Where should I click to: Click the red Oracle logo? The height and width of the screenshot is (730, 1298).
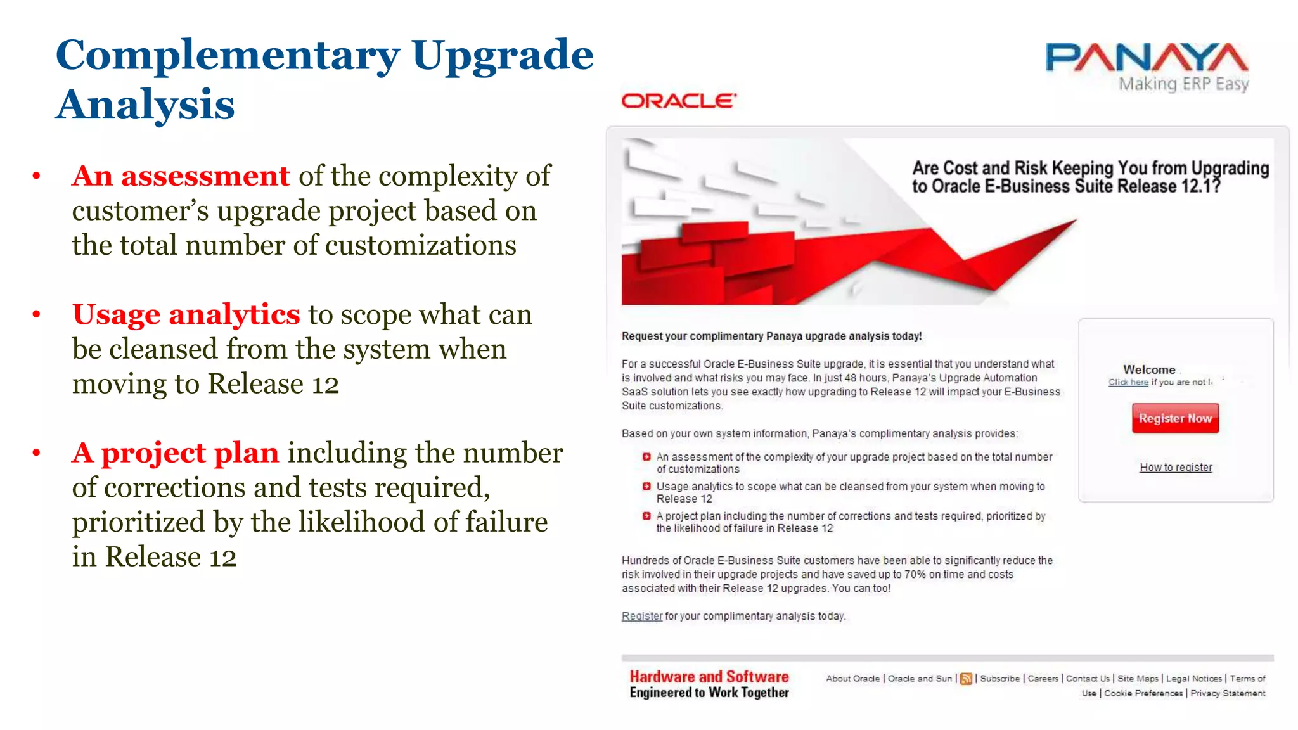click(678, 101)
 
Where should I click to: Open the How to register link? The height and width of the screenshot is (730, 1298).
click(1175, 468)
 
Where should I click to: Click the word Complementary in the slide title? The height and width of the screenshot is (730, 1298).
click(228, 56)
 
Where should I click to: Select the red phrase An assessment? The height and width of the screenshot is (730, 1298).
click(181, 176)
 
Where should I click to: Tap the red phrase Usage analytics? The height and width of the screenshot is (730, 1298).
click(186, 315)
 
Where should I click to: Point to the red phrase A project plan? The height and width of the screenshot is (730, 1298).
click(176, 453)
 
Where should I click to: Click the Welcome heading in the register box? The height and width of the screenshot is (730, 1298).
click(1148, 369)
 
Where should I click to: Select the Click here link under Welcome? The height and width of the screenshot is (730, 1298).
click(1128, 383)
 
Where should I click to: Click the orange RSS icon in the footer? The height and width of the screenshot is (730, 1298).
click(966, 679)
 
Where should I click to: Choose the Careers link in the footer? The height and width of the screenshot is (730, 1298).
click(1043, 679)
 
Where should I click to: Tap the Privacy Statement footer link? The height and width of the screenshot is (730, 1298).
click(1227, 694)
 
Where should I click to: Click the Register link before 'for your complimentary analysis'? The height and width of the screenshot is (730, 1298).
click(641, 617)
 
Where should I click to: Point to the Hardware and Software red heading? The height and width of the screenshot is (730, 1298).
click(709, 677)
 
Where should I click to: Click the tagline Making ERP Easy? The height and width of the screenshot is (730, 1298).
click(1183, 84)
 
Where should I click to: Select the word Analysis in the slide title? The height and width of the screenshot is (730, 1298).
click(145, 105)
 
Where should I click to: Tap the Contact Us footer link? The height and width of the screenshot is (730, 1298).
click(1088, 679)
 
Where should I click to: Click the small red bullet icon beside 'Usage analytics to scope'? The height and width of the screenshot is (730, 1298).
click(646, 487)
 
